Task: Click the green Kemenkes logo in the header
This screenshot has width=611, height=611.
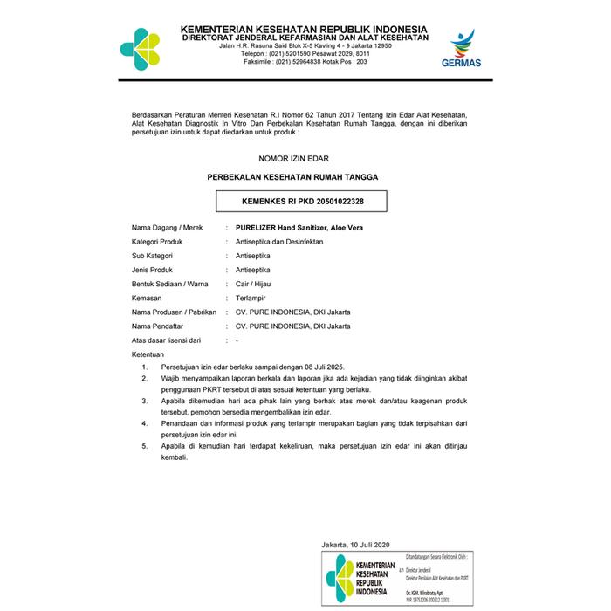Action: (140, 47)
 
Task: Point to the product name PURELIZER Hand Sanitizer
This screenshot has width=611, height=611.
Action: (292, 227)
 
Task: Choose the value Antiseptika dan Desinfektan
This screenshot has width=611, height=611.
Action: (273, 241)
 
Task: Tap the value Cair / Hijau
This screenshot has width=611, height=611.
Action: (247, 283)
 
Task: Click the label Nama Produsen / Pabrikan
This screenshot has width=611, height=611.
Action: (174, 312)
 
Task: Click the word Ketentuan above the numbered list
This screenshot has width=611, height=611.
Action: (148, 354)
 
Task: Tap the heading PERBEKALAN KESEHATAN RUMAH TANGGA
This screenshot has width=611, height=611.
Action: (292, 176)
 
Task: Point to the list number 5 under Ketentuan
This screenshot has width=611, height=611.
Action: (145, 446)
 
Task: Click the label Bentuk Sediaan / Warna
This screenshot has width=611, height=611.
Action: (170, 283)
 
